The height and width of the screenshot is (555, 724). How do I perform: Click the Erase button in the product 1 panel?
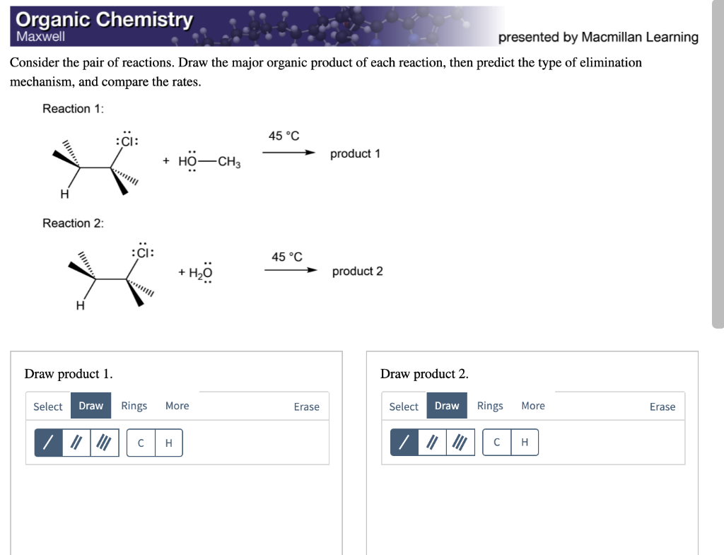point(306,407)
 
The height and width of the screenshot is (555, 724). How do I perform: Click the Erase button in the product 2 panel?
point(662,407)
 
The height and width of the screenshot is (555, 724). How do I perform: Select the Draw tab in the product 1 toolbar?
point(90,406)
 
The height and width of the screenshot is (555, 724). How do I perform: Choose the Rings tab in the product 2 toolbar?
point(489,406)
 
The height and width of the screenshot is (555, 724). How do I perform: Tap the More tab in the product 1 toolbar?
point(177,406)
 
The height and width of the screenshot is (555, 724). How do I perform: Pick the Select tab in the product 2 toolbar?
point(404,407)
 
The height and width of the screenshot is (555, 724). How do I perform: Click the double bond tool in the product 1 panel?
point(76,443)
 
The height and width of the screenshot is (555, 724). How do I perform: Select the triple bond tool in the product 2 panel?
point(460,443)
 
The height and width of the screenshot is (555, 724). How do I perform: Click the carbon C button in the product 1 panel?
point(141,443)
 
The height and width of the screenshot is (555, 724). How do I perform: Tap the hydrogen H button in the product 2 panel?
point(524,443)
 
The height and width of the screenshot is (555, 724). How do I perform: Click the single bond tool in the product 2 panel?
point(404,443)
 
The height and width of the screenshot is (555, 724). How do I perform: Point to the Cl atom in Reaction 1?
point(127,141)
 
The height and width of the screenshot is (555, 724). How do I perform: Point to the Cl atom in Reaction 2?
point(143,252)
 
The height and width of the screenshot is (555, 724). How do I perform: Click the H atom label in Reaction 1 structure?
point(64,194)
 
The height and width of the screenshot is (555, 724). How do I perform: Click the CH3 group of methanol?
point(229,162)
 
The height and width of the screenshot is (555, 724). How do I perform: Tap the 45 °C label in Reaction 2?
point(286,257)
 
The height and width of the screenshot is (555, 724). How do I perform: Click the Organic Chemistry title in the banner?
point(104,19)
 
